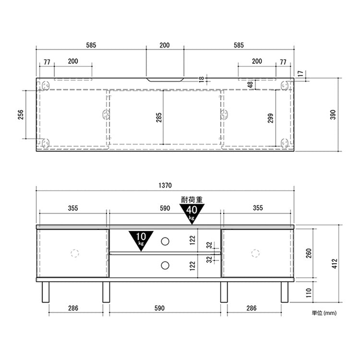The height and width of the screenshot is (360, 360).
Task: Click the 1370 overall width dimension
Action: pyautogui.click(x=165, y=186)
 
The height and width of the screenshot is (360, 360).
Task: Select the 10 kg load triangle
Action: pyautogui.click(x=141, y=240)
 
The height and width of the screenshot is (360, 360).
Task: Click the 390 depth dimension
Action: pyautogui.click(x=333, y=115)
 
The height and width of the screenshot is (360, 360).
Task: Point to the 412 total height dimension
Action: pyautogui.click(x=335, y=263)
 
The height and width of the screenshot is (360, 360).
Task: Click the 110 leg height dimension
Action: pyautogui.click(x=309, y=293)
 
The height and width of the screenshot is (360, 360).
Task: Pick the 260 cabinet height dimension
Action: pyautogui.click(x=309, y=253)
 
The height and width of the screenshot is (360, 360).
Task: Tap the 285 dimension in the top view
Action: pyautogui.click(x=159, y=117)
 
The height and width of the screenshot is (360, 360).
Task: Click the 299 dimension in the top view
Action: pyautogui.click(x=271, y=118)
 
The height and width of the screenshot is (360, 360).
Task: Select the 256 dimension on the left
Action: pyautogui.click(x=21, y=115)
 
